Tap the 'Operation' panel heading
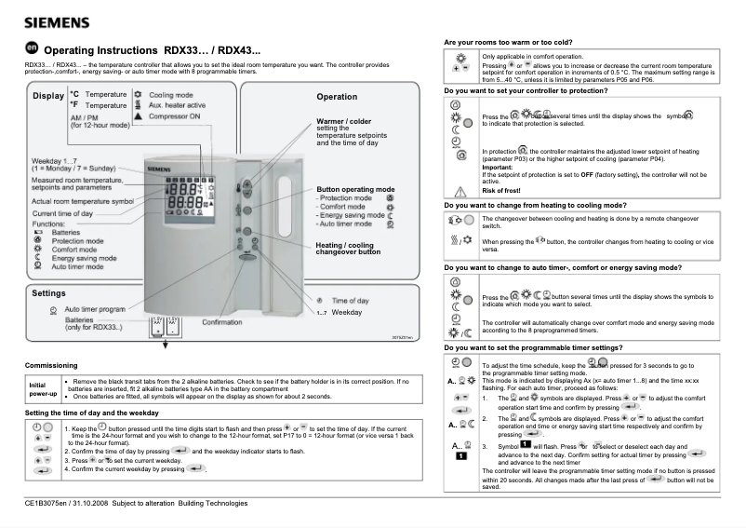[336, 97]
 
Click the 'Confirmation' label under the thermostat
[222, 322]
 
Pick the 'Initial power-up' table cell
[39, 389]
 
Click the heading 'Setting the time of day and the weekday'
[98, 412]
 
